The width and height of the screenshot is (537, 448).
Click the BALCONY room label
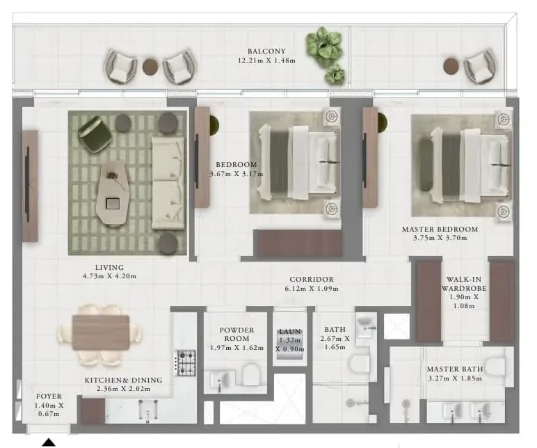click(x=266, y=51)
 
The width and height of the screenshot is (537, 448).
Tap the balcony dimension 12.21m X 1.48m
click(x=266, y=61)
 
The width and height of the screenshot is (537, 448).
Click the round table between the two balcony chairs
click(x=150, y=67)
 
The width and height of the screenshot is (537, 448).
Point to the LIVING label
click(x=110, y=268)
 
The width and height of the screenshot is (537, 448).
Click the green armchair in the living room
click(x=95, y=134)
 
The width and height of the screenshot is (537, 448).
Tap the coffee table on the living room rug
click(x=113, y=193)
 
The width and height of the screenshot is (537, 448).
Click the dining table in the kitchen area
click(x=101, y=333)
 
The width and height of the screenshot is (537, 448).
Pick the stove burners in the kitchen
click(x=186, y=363)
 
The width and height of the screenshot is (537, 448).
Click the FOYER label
click(x=49, y=397)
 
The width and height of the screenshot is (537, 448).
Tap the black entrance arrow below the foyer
click(x=49, y=442)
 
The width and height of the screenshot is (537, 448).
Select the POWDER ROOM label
click(x=237, y=335)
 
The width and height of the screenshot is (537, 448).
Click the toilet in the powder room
click(x=251, y=374)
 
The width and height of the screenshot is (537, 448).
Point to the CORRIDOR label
click(x=312, y=280)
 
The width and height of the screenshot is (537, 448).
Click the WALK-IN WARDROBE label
click(x=464, y=284)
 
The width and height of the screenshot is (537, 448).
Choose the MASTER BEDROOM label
click(x=440, y=229)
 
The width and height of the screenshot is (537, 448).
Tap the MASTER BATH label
click(x=455, y=369)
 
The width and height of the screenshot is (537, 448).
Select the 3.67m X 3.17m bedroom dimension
click(x=237, y=174)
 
